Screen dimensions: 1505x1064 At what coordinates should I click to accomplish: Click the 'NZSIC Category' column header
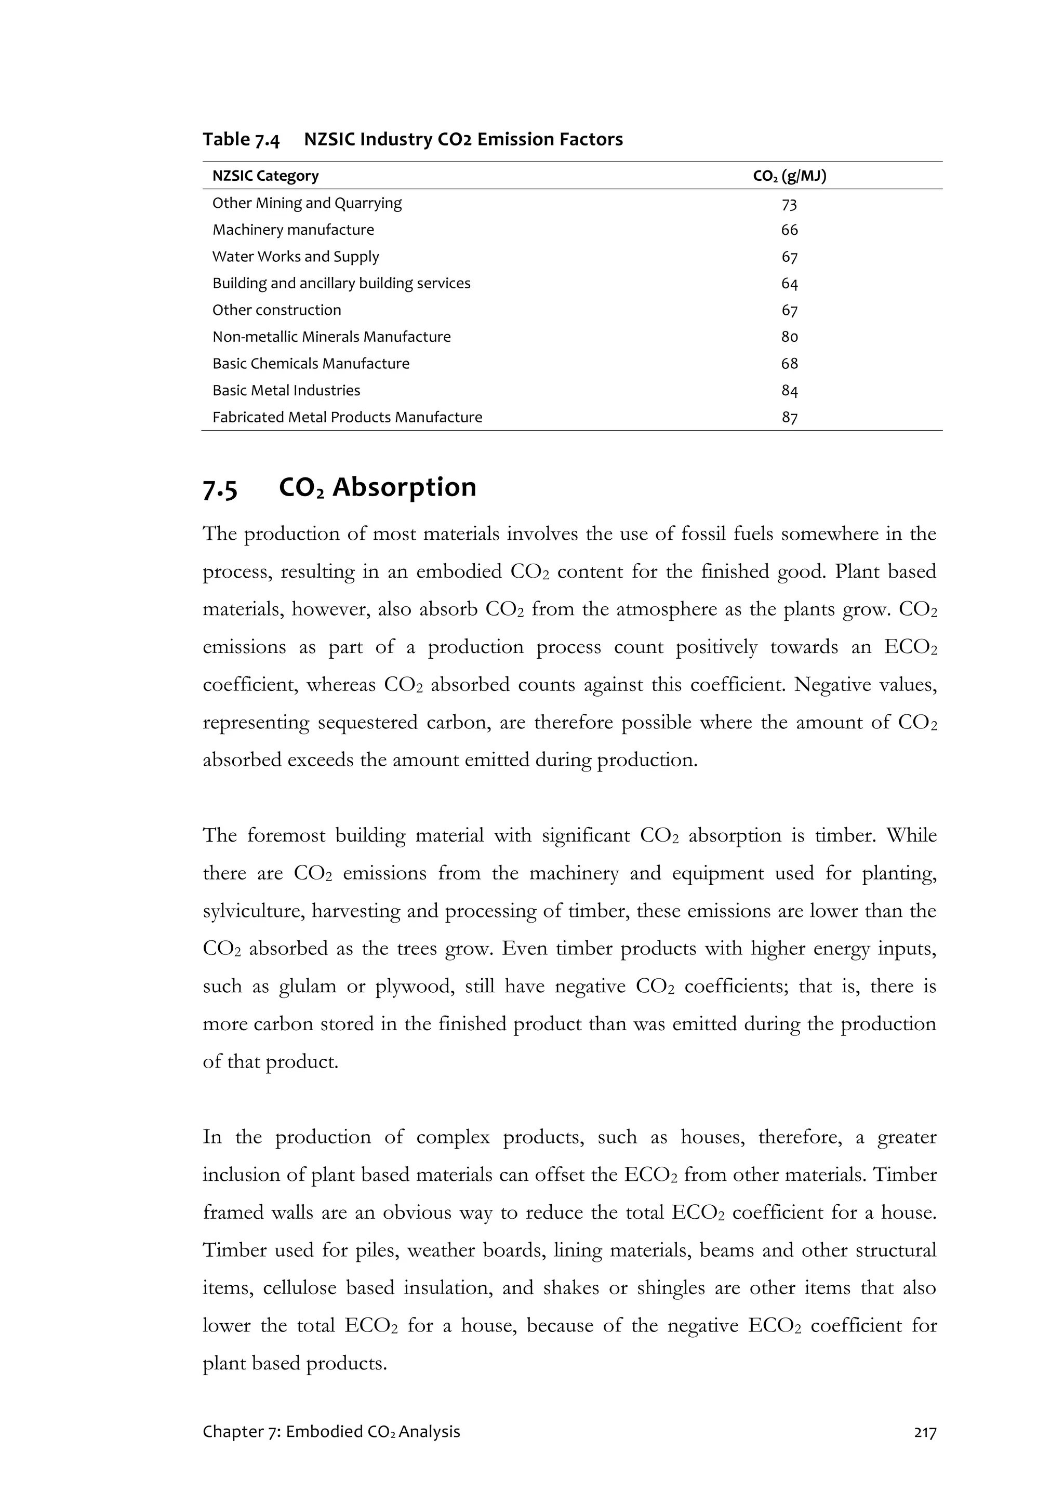pos(265,176)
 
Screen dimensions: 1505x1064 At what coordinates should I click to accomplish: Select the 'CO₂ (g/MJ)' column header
pos(789,176)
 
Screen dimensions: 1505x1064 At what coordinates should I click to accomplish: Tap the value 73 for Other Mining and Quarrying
pos(789,205)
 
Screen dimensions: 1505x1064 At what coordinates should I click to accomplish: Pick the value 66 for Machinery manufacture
pos(789,230)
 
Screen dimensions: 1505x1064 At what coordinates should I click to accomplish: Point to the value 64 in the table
pos(789,284)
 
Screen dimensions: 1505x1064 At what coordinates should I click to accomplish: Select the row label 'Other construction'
pos(277,310)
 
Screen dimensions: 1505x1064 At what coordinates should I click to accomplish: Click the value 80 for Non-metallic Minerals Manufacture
pos(789,337)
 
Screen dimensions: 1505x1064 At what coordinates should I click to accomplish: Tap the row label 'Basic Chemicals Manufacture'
pos(311,364)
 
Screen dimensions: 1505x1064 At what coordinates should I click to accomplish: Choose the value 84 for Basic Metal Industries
pos(789,391)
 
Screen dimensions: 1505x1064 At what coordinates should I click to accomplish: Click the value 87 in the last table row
pos(789,418)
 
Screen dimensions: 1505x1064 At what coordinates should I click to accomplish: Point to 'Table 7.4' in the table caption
pos(241,140)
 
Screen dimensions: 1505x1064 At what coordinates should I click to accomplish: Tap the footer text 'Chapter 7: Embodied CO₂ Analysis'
pos(331,1432)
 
